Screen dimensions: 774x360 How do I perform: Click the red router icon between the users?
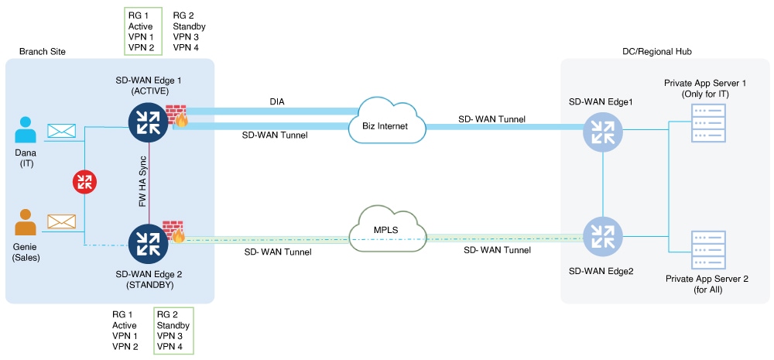click(x=85, y=182)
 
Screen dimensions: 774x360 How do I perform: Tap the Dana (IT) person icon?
click(x=26, y=129)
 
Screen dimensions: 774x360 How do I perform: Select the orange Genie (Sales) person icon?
click(x=26, y=222)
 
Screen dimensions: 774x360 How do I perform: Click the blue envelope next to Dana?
click(x=62, y=131)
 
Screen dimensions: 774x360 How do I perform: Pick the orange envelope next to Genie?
click(x=62, y=221)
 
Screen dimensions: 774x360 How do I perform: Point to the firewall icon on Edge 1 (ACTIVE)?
click(x=177, y=116)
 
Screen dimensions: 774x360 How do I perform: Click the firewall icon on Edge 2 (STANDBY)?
click(x=173, y=231)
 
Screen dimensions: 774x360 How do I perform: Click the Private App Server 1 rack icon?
click(x=707, y=123)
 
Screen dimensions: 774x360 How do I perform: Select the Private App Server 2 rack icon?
click(x=707, y=250)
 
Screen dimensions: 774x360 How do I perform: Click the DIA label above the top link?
click(x=276, y=101)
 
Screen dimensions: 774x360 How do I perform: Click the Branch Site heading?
click(x=43, y=51)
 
